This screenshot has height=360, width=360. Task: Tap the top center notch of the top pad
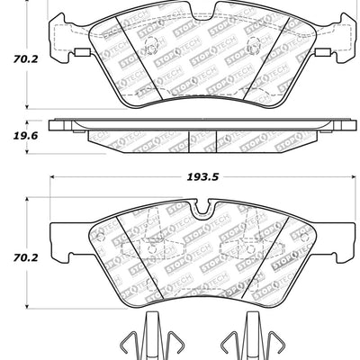184,20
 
